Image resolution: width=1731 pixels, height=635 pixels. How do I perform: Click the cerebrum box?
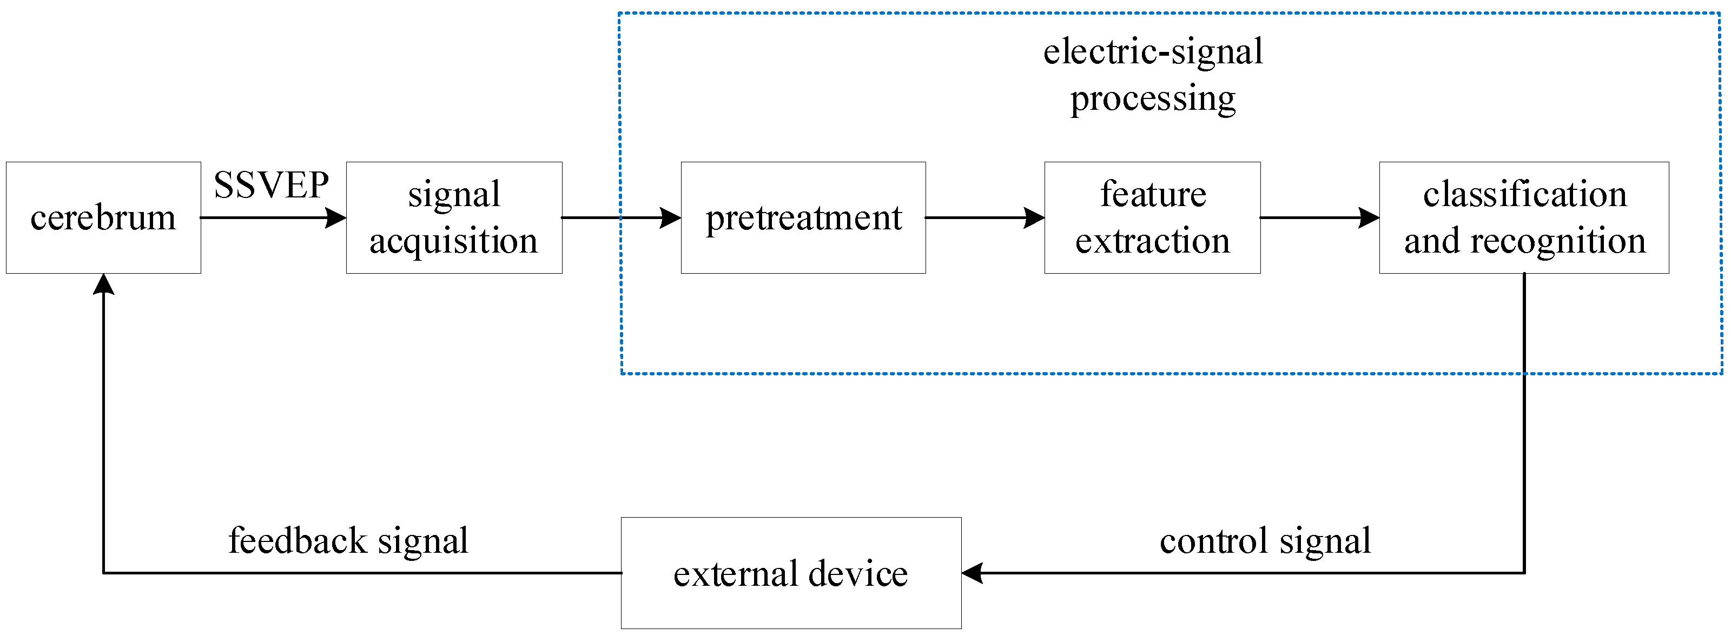(x=103, y=218)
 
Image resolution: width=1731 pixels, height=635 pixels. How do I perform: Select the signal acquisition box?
(x=454, y=218)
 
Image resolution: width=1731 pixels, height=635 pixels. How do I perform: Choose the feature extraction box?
(x=1152, y=218)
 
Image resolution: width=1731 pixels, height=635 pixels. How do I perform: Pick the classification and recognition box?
(x=1523, y=218)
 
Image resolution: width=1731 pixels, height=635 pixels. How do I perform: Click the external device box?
(x=790, y=573)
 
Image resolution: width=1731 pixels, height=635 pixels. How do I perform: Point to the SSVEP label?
(x=271, y=186)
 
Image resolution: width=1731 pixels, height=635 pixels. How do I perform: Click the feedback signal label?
(x=348, y=541)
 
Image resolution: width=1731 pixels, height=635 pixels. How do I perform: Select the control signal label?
(x=1265, y=541)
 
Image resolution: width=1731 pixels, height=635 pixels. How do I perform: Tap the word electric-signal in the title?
(x=1152, y=52)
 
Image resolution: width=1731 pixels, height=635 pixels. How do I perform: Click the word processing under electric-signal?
(x=1152, y=100)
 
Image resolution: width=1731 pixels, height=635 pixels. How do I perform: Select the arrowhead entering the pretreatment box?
(x=671, y=218)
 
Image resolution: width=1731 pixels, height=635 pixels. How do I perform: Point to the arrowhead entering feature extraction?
(x=1034, y=218)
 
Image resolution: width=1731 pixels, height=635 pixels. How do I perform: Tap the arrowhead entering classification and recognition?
(x=1369, y=218)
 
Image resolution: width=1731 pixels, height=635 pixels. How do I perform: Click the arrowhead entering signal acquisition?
(x=335, y=218)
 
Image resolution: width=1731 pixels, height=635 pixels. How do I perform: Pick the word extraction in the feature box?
(x=1152, y=241)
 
